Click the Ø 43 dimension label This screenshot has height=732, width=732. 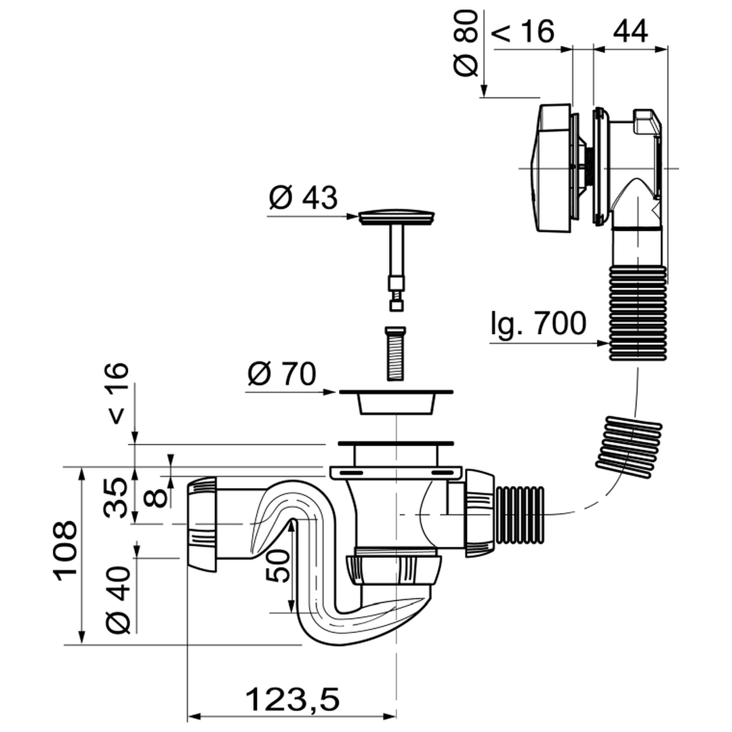303,198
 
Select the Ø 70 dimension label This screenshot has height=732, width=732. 282,374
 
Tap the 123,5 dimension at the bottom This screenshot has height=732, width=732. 293,698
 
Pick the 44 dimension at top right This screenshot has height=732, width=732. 630,31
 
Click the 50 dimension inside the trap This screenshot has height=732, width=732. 279,565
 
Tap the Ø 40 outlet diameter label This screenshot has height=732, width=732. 118,600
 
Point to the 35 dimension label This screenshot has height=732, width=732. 115,497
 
